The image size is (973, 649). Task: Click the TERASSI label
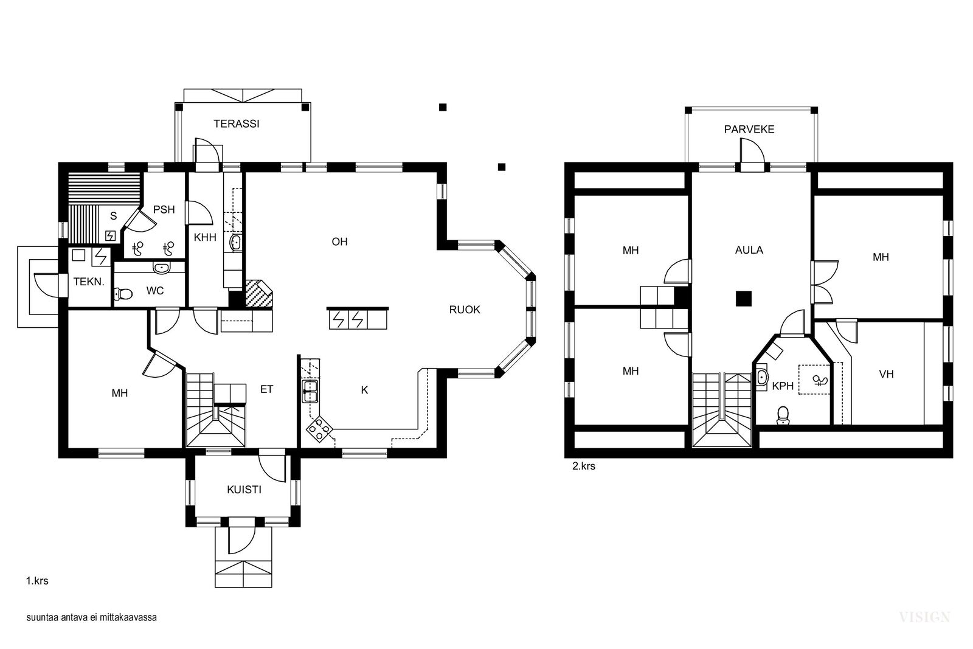pos(237,124)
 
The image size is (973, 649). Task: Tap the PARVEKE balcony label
pos(749,130)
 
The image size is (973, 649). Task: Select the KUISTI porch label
pos(244,490)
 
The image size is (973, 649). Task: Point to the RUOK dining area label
pos(465,310)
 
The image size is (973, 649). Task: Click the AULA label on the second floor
pos(749,250)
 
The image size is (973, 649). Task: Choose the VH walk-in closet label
pos(886,374)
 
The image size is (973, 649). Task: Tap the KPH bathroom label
pos(783,386)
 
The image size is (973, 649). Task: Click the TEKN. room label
pos(89,282)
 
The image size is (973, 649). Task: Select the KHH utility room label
pos(205,238)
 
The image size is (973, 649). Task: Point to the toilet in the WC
pos(123,294)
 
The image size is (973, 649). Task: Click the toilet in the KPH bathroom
pos(783,415)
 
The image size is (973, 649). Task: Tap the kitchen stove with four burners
pos(320,429)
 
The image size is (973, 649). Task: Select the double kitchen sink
pos(310,392)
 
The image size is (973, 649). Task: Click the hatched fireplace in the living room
pos(259,294)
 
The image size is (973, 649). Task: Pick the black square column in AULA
pos(744,299)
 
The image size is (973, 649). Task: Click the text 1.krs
pos(37,581)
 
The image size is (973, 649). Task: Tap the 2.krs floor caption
pos(584,466)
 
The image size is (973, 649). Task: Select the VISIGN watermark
pos(924,617)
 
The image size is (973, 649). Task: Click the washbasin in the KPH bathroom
pos(761,378)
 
